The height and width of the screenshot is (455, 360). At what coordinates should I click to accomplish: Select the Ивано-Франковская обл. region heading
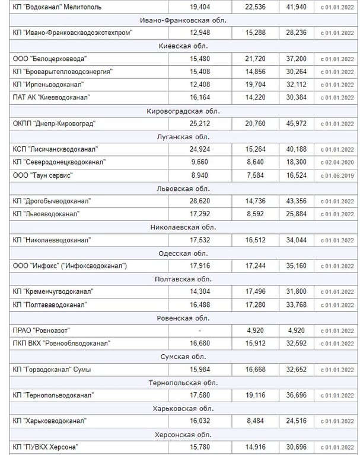[183, 20]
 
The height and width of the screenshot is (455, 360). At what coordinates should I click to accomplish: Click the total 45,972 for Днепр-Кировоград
[296, 123]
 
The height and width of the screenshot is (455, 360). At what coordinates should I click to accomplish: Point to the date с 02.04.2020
[337, 162]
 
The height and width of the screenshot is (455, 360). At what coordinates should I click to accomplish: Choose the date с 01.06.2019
[337, 175]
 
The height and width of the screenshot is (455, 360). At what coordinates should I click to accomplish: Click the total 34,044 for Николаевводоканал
[296, 239]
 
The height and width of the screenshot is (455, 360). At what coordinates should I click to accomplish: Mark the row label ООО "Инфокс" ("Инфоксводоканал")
[69, 265]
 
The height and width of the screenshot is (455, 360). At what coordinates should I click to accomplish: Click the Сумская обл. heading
[183, 356]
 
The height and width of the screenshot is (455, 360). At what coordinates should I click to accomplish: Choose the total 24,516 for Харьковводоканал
[296, 421]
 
